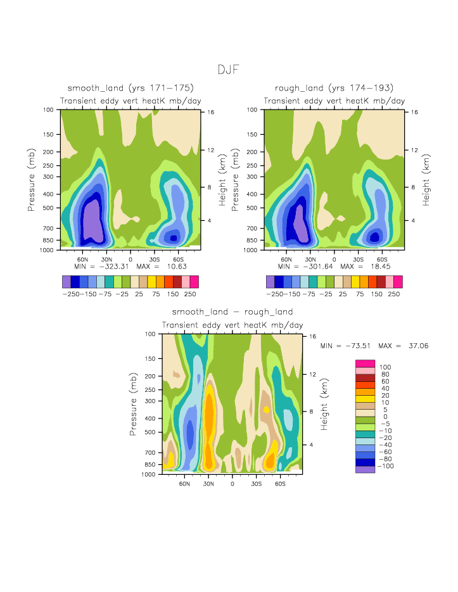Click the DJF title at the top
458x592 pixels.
tap(229, 70)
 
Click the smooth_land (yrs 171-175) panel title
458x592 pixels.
tap(130, 87)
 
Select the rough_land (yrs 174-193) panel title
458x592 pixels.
tap(334, 87)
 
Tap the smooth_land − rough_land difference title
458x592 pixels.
tap(232, 312)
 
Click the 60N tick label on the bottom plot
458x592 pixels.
tap(185, 483)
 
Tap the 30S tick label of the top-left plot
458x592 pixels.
tap(154, 259)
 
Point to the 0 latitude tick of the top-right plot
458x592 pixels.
tap(334, 259)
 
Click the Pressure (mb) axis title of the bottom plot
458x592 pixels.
tap(134, 404)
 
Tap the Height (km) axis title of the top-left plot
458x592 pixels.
tap(222, 180)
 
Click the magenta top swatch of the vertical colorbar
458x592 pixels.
tap(366, 363)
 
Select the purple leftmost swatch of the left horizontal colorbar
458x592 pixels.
tap(67, 282)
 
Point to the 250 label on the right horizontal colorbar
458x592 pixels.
tap(393, 294)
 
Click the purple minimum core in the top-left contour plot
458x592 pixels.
tap(92, 220)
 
